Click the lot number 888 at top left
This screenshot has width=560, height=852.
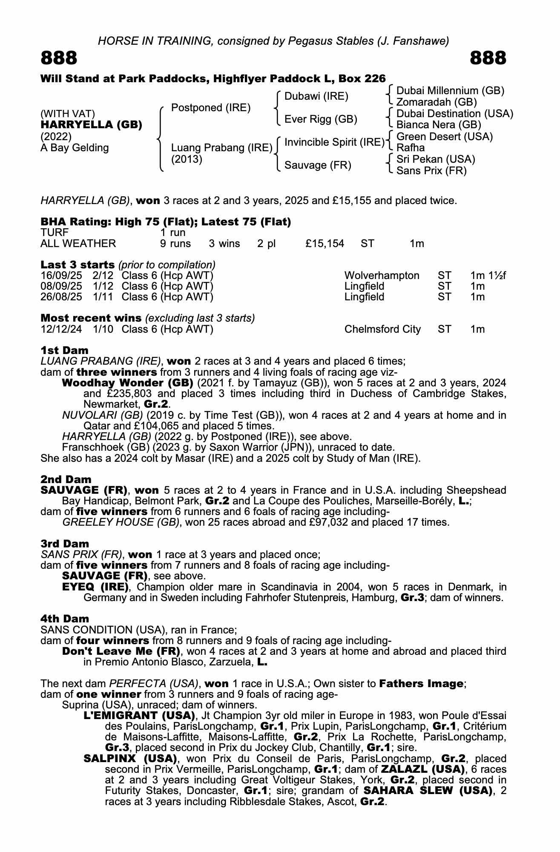point(59,58)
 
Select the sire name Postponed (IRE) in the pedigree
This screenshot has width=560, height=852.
point(210,108)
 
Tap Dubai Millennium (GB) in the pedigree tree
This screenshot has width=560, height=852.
point(450,91)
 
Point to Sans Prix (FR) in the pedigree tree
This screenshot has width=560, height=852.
point(431,171)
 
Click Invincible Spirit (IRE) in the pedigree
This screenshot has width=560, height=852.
point(334,142)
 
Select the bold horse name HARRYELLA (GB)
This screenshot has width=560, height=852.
point(91,125)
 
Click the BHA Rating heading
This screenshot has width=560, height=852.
point(166,222)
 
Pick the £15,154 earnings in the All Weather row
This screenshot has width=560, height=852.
point(325,244)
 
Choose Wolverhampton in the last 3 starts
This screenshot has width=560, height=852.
point(382,276)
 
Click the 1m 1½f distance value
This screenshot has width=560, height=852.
point(488,276)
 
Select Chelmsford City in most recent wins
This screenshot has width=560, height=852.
point(382,329)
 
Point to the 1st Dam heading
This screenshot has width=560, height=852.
point(64,350)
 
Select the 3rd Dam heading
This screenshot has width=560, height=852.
point(65,544)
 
